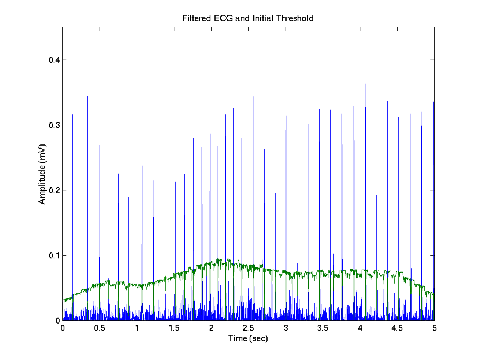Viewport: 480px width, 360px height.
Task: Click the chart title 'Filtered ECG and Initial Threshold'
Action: pos(248,18)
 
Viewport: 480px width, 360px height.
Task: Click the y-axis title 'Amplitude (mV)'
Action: pos(42,174)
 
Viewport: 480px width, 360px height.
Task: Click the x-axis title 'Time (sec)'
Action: pos(248,338)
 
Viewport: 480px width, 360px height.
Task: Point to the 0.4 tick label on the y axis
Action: pos(52,60)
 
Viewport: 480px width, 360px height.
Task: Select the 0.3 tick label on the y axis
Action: pos(52,125)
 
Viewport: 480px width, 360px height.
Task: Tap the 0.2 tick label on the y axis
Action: pos(52,190)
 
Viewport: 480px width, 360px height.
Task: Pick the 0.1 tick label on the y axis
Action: pos(52,256)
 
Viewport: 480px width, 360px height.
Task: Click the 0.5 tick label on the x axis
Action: pos(100,328)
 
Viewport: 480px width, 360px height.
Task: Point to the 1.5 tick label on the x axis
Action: pos(174,328)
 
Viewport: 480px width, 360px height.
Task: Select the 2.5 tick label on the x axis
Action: pos(248,328)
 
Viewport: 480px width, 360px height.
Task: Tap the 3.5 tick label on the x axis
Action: pos(323,328)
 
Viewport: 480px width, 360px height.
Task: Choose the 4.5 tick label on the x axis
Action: pos(397,328)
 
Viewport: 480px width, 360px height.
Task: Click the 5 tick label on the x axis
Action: pos(434,328)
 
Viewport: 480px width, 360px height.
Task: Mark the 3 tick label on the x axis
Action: pos(286,328)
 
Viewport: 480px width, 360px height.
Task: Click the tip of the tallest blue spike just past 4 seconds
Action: pos(366,84)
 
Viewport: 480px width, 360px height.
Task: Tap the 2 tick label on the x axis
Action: pos(211,328)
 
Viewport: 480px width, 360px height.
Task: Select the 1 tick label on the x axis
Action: pos(137,328)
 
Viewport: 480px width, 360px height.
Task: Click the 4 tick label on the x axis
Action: pos(360,328)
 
